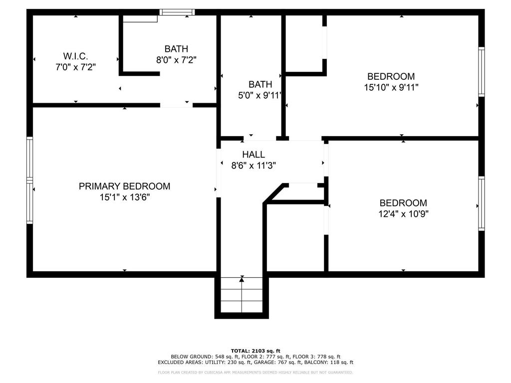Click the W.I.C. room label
pyautogui.click(x=75, y=56)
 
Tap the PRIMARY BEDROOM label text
pyautogui.click(x=124, y=187)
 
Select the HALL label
pyautogui.click(x=254, y=155)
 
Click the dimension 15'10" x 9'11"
pyautogui.click(x=391, y=87)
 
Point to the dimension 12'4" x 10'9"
pyautogui.click(x=403, y=214)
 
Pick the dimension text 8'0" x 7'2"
pyautogui.click(x=176, y=60)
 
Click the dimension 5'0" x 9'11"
pyautogui.click(x=259, y=95)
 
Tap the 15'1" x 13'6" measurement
pyautogui.click(x=124, y=197)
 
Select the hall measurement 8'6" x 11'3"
pyautogui.click(x=254, y=166)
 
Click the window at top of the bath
pyautogui.click(x=177, y=12)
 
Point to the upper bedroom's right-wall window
pyautogui.click(x=482, y=72)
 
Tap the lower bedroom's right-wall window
pyautogui.click(x=482, y=203)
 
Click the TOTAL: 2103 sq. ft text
pyautogui.click(x=255, y=351)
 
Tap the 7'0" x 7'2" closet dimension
pyautogui.click(x=76, y=67)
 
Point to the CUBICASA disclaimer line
pyautogui.click(x=255, y=372)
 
